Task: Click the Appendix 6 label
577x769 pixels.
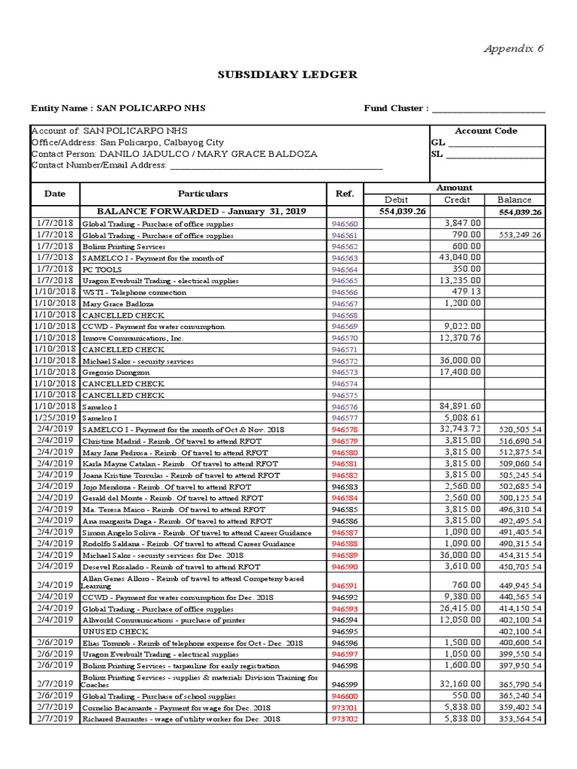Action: click(x=514, y=49)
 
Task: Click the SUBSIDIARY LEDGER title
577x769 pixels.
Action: click(x=288, y=75)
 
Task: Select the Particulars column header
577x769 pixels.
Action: click(x=203, y=194)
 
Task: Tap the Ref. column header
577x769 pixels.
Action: click(x=345, y=194)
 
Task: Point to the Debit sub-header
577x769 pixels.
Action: click(x=396, y=200)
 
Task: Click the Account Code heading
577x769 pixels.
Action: click(x=486, y=131)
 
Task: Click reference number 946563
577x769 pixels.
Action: click(x=345, y=258)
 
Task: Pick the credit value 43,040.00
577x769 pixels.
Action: click(x=460, y=258)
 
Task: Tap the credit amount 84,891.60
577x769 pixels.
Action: click(x=460, y=406)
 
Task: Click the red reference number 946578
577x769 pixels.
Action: click(x=345, y=430)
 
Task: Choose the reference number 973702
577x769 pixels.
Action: click(x=345, y=719)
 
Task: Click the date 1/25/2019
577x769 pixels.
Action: click(x=55, y=418)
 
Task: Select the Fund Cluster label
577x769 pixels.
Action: click(x=396, y=108)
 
